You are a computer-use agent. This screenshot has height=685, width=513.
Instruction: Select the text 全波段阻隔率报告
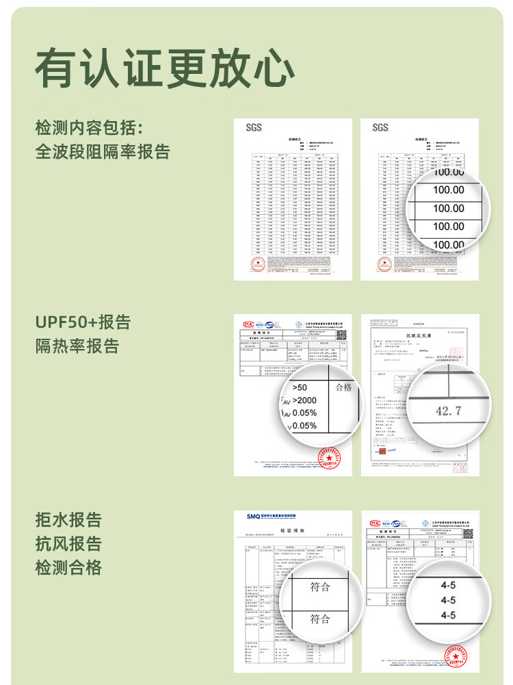(x=103, y=151)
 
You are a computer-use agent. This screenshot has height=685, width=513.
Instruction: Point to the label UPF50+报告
(x=83, y=322)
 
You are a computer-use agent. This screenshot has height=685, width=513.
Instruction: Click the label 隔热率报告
(x=77, y=346)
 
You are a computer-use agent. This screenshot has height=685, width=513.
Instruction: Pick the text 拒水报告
(x=68, y=519)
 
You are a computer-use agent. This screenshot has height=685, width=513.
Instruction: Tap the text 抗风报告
(x=68, y=543)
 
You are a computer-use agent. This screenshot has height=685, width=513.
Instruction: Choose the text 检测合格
(x=68, y=567)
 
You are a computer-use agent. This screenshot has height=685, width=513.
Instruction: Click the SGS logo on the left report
(x=253, y=127)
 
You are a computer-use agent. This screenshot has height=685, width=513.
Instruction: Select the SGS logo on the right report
(x=380, y=127)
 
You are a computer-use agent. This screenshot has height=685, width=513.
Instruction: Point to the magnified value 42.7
(x=448, y=411)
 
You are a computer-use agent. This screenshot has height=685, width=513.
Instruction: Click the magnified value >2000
(x=304, y=400)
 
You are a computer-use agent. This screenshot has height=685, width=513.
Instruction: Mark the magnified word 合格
(x=343, y=387)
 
